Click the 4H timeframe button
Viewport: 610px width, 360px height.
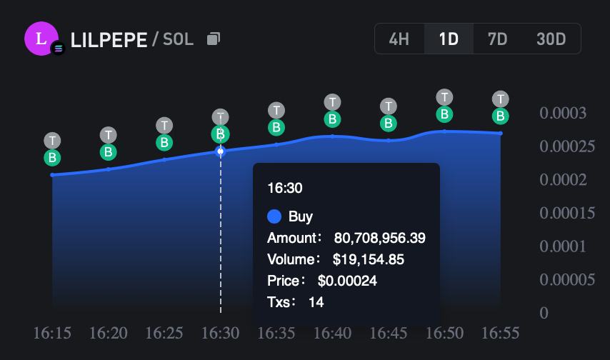[399, 39]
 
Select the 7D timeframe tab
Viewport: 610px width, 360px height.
[497, 39]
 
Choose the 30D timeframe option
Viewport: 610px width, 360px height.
[551, 39]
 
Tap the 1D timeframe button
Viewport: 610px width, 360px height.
[449, 39]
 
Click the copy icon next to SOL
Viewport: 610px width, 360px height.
[213, 39]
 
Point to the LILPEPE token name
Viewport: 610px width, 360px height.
[109, 39]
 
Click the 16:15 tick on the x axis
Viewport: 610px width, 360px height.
[53, 333]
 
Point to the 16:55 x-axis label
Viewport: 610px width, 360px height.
[501, 333]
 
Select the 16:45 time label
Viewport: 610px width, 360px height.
[389, 333]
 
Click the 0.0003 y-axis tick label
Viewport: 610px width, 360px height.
[563, 114]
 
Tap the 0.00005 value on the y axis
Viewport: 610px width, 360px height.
[567, 279]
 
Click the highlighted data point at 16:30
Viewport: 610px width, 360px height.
[221, 151]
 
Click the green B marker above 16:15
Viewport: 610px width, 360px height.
[52, 158]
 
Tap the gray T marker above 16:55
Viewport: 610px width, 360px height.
[501, 99]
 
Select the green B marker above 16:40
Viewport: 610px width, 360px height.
[332, 119]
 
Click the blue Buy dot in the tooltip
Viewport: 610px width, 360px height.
[274, 216]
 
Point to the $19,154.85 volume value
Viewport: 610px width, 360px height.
[369, 259]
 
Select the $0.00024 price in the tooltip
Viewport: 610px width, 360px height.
[347, 281]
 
